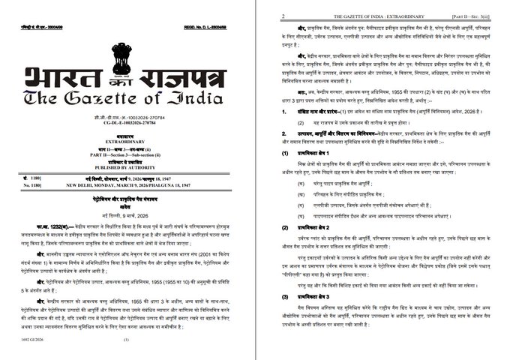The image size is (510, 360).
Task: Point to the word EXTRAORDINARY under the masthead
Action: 126,141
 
